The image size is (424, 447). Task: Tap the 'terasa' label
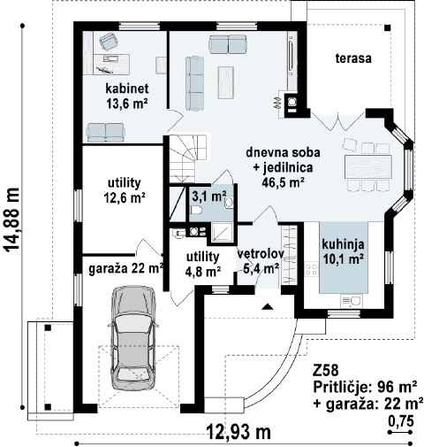[x=353, y=58]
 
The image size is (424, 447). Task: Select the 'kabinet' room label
[x=127, y=89]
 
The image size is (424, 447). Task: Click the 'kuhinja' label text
[x=343, y=244]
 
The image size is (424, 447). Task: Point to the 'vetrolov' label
[x=261, y=254]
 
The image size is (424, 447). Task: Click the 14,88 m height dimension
[x=12, y=220]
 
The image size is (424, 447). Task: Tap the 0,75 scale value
[x=401, y=421]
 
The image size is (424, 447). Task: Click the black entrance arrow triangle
[x=267, y=307]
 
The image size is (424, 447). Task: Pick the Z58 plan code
[x=326, y=371]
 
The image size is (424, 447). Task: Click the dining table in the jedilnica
[x=368, y=166]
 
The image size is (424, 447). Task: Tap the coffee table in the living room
[x=226, y=82]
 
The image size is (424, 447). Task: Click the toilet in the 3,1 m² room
[x=195, y=210]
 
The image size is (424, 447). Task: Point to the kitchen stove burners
[x=311, y=270]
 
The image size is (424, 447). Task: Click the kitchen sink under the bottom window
[x=352, y=301]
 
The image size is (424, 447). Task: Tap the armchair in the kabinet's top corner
[x=109, y=42]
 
